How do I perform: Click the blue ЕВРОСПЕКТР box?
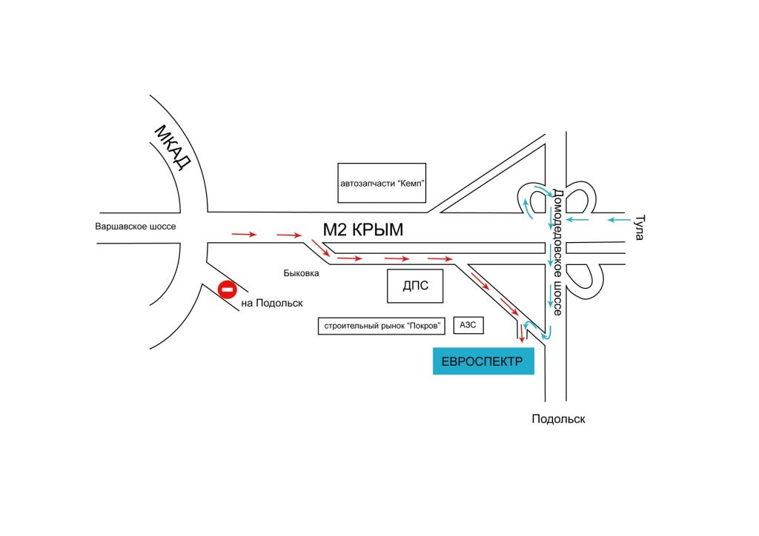(x=483, y=361)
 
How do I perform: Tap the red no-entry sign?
(x=226, y=289)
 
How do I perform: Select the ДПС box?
(x=415, y=286)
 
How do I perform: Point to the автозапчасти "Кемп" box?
(x=382, y=183)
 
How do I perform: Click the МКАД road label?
(x=173, y=148)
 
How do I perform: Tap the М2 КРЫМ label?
(x=362, y=230)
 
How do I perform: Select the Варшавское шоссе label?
(x=136, y=226)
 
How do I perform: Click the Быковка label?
(x=301, y=273)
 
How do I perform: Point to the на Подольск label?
(x=272, y=303)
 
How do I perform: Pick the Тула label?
(x=640, y=227)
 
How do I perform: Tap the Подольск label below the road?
(x=558, y=419)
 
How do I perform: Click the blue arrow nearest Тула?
(x=618, y=219)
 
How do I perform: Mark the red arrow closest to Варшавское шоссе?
(x=244, y=235)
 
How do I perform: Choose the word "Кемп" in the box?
(x=410, y=183)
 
